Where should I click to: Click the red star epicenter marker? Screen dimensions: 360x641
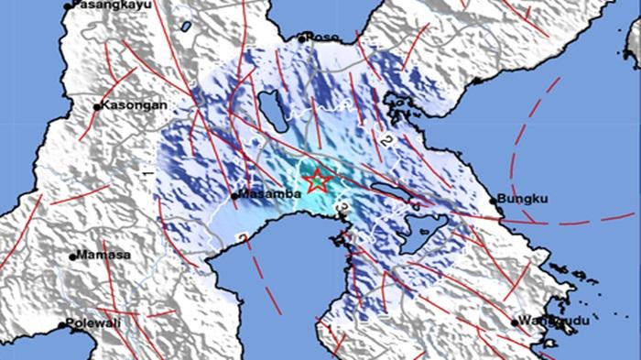318,180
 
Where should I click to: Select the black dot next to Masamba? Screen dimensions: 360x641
234,195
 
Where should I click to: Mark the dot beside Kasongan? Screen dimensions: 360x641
98,106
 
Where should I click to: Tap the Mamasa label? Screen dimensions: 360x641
103,255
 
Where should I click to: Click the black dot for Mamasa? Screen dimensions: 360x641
72,256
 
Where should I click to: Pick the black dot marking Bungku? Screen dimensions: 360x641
494,200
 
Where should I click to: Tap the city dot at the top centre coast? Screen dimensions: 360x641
303,38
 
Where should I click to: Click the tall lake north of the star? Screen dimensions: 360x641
271,107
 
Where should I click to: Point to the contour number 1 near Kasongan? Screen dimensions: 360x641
147,171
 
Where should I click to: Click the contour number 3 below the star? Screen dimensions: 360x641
341,210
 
